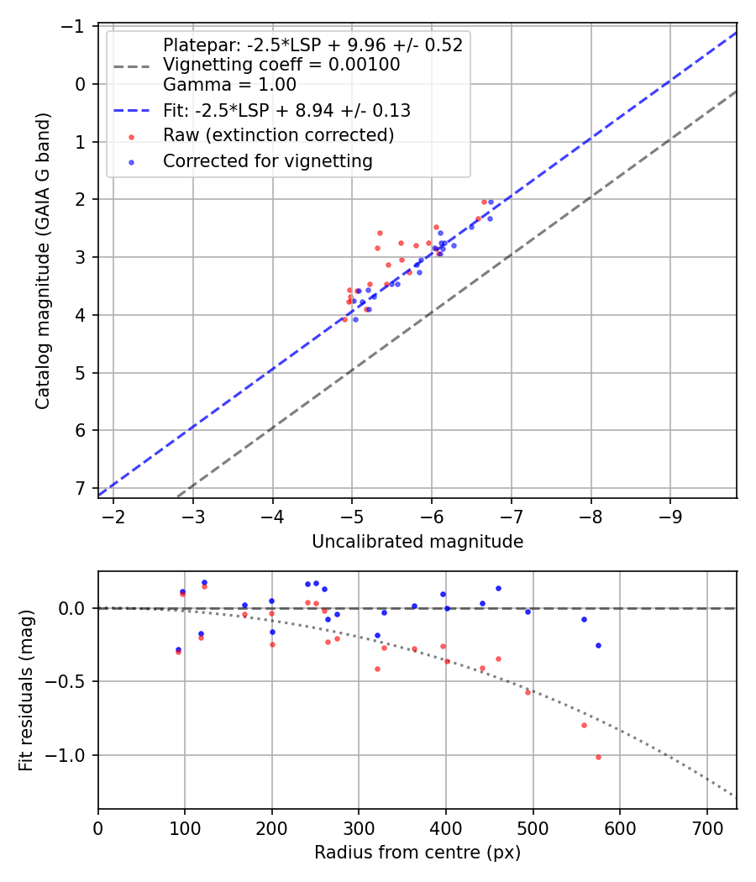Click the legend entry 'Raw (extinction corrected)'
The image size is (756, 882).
tap(278, 135)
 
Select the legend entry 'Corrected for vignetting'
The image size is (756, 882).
tap(267, 160)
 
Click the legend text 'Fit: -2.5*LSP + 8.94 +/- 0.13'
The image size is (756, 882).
tap(286, 110)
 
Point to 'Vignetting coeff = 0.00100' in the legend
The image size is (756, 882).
tap(281, 65)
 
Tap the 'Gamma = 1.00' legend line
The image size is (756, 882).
tap(229, 84)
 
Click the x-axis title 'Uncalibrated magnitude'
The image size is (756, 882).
tap(417, 542)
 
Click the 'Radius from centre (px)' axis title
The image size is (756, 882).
tap(417, 853)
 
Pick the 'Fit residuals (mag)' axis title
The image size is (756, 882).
tap(26, 690)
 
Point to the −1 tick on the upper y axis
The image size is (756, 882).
tap(78, 26)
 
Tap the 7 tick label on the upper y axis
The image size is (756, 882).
tap(81, 488)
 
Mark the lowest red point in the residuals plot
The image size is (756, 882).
tap(598, 757)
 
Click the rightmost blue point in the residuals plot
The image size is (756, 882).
tap(598, 645)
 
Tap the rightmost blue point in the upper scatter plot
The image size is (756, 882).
tap(491, 202)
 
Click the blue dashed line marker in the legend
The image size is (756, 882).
tap(131, 110)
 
